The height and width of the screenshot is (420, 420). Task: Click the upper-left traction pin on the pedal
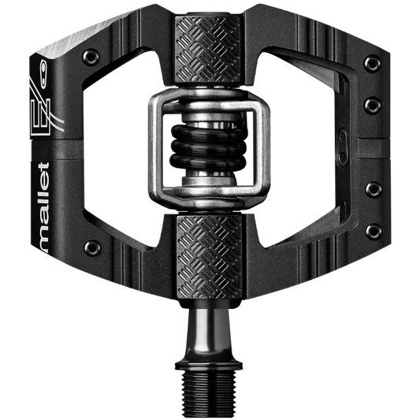click(x=91, y=57)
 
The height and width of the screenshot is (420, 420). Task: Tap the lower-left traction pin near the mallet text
click(x=92, y=248)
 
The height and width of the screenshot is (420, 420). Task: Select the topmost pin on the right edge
click(x=372, y=64)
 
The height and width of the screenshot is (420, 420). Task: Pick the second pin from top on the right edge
click(x=373, y=106)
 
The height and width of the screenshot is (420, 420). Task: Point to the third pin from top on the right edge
click(x=374, y=189)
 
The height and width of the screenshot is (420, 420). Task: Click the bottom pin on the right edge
click(x=374, y=232)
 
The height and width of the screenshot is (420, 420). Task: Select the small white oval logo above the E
click(x=43, y=74)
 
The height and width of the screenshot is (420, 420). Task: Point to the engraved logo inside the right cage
click(x=342, y=147)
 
